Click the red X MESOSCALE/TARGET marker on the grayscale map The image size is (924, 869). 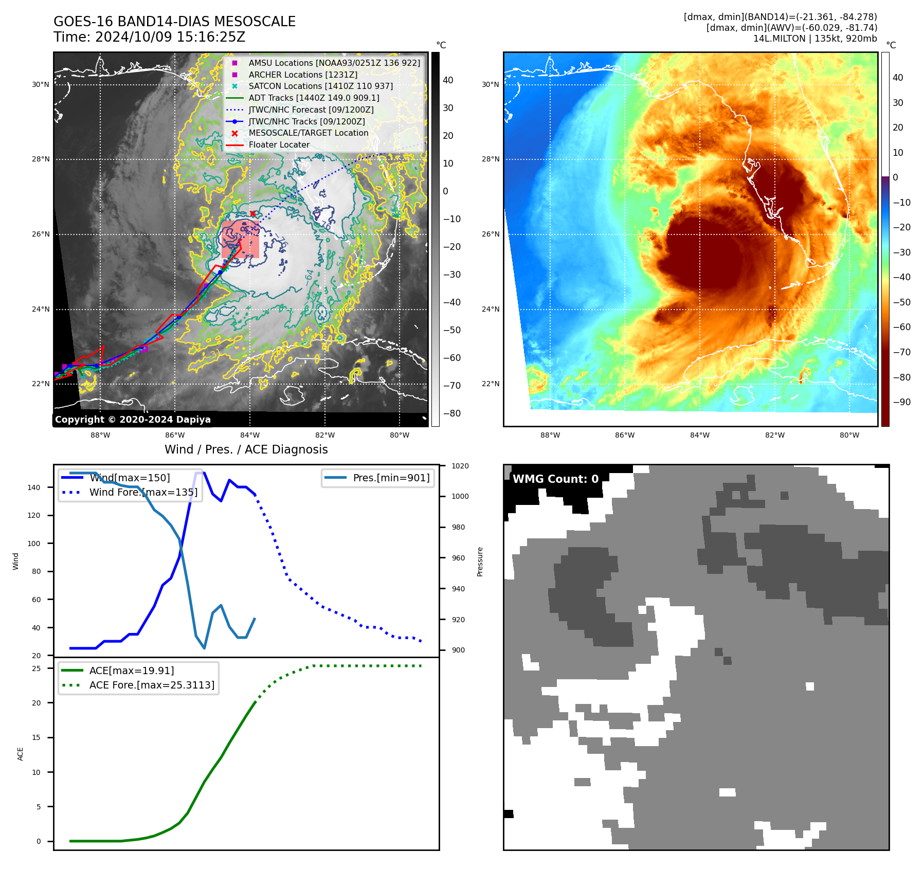click(x=252, y=213)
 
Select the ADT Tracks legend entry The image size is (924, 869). click(x=314, y=98)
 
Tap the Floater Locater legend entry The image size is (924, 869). click(x=279, y=145)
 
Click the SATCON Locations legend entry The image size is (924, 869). click(x=320, y=86)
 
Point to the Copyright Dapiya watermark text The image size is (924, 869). click(x=133, y=420)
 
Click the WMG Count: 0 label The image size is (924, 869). click(x=555, y=479)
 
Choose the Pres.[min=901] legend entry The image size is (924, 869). click(x=391, y=478)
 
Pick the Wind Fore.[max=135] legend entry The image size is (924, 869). click(x=143, y=493)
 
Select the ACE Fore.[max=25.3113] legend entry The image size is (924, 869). click(x=152, y=685)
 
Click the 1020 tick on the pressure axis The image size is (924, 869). click(x=460, y=466)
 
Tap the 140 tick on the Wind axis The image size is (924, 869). click(x=34, y=487)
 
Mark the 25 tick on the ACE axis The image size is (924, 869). click(x=37, y=668)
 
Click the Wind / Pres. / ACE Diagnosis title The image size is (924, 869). click(x=246, y=450)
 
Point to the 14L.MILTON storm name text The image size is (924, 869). click(x=776, y=39)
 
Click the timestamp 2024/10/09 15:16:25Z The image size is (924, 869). click(x=170, y=38)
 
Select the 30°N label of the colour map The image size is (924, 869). click(x=490, y=85)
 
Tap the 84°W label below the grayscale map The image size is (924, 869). click(x=251, y=436)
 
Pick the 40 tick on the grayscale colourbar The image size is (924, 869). click(x=448, y=80)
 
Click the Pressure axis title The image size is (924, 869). click(x=480, y=562)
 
